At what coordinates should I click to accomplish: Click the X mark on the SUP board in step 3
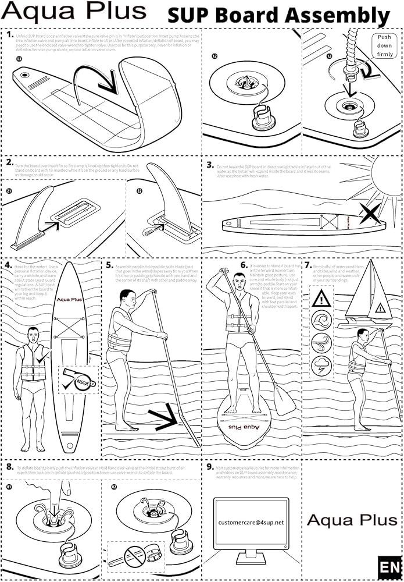[370, 214]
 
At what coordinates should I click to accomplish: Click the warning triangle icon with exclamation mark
[321, 299]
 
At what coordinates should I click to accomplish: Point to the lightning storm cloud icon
[321, 366]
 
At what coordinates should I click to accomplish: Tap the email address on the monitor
[251, 523]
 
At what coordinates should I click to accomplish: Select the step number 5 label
[109, 265]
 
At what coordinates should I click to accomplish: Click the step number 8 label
[10, 467]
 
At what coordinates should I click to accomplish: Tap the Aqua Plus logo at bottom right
[351, 520]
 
